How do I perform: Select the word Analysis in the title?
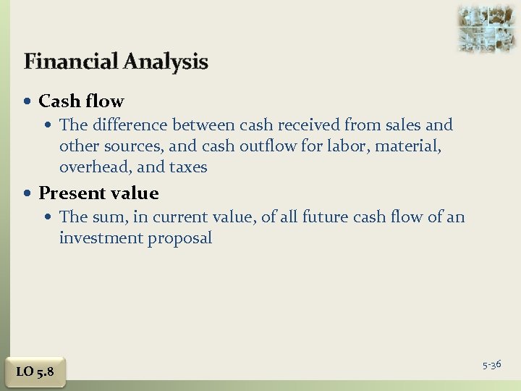click(166, 62)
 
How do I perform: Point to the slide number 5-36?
click(492, 365)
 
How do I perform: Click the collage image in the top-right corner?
click(486, 28)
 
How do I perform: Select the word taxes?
click(188, 167)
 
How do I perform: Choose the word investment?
click(101, 238)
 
